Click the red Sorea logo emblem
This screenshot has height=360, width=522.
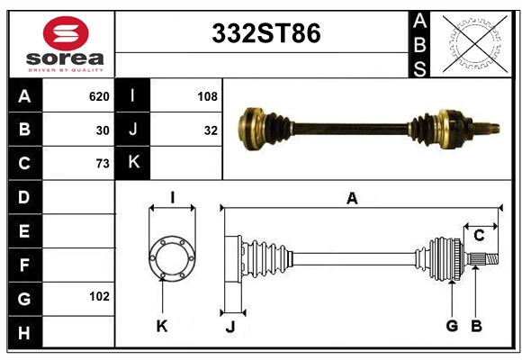point(66,34)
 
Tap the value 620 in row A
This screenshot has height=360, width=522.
point(99,96)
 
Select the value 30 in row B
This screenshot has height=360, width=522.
point(103,130)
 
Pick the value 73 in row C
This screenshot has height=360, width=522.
point(103,164)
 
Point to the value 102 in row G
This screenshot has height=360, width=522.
point(99,296)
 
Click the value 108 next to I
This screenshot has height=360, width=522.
point(207,96)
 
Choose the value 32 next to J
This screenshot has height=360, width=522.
point(211,130)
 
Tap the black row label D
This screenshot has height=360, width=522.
point(24,196)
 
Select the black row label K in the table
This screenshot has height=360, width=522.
point(133,163)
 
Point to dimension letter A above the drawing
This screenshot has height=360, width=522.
point(352,199)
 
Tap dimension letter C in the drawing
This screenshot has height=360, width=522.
point(479,236)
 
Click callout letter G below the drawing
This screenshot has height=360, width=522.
point(452,326)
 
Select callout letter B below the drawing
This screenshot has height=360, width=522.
point(477,326)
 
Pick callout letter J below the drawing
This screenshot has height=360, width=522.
point(230,328)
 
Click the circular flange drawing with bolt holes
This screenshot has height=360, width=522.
point(171,257)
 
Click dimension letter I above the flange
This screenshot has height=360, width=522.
point(171,196)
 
